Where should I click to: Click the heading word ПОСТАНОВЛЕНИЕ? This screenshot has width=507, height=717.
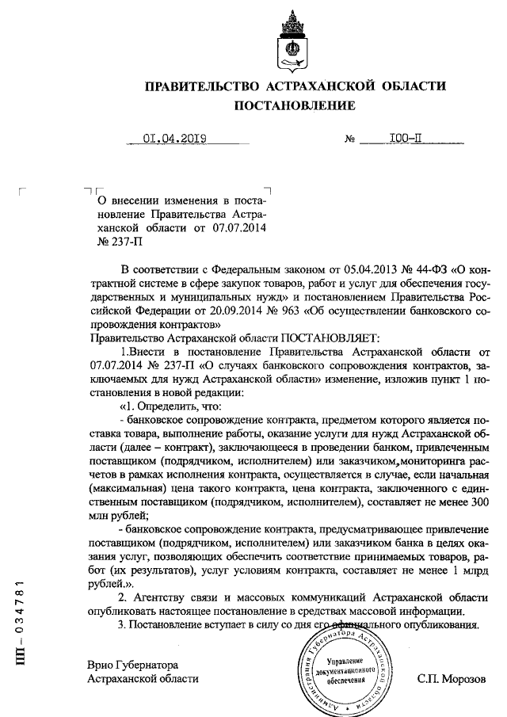[294, 105]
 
